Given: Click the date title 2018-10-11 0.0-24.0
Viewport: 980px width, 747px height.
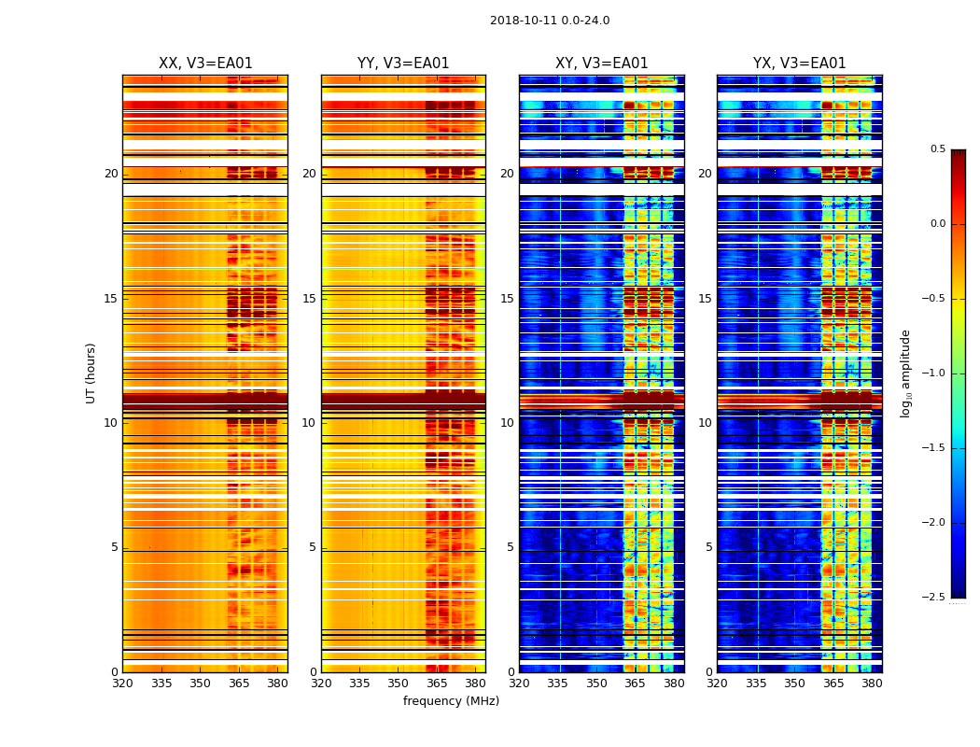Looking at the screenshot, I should pyautogui.click(x=550, y=21).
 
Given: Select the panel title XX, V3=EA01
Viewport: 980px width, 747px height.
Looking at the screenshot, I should pyautogui.click(x=205, y=63).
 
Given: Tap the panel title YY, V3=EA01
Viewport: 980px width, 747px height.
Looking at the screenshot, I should pyautogui.click(x=403, y=63).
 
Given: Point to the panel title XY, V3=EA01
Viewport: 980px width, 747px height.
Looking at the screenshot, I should pyautogui.click(x=601, y=63).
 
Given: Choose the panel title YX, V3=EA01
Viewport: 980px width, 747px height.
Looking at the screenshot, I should pyautogui.click(x=799, y=63).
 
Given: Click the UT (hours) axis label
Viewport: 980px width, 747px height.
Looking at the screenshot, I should pyautogui.click(x=91, y=373).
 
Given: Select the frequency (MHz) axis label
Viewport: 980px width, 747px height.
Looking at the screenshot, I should pyautogui.click(x=451, y=701).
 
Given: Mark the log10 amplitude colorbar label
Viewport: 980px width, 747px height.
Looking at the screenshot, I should pyautogui.click(x=905, y=373).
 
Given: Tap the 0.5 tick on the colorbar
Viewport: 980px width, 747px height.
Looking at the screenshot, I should pyautogui.click(x=937, y=149).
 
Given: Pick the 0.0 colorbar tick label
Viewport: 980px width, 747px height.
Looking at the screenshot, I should pyautogui.click(x=937, y=224).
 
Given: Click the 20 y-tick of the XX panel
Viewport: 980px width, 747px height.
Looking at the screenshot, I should pyautogui.click(x=111, y=174).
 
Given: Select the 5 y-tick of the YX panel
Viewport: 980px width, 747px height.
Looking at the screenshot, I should pyautogui.click(x=708, y=547).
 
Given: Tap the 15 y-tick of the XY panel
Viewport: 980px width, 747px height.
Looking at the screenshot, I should pyautogui.click(x=507, y=299).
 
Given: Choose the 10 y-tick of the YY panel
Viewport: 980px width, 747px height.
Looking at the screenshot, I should pyautogui.click(x=309, y=423).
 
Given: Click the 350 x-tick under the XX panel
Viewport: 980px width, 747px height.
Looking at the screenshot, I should pyautogui.click(x=200, y=683).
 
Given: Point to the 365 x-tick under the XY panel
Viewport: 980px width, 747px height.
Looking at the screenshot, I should pyautogui.click(x=635, y=683).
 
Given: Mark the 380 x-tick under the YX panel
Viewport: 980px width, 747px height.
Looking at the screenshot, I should pyautogui.click(x=872, y=683).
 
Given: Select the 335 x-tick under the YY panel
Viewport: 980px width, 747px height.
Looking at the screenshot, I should pyautogui.click(x=359, y=683).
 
